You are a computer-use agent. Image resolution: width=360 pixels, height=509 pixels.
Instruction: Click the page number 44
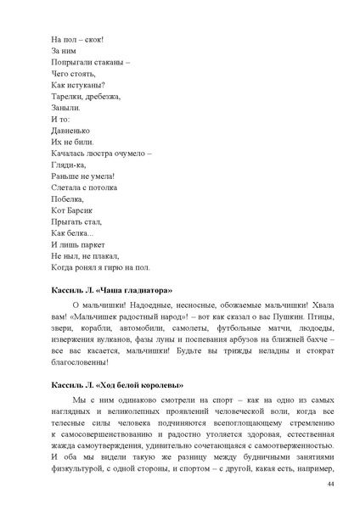[330, 483]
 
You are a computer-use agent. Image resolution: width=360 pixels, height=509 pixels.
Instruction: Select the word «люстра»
[97, 155]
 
